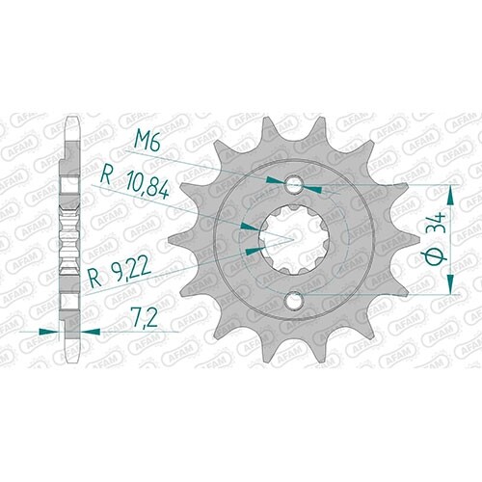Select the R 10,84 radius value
click(x=135, y=183)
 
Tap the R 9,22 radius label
click(x=120, y=272)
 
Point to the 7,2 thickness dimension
click(x=144, y=318)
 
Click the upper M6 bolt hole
click(x=294, y=185)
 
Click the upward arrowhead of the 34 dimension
click(x=450, y=196)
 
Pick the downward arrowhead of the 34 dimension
click(x=450, y=284)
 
